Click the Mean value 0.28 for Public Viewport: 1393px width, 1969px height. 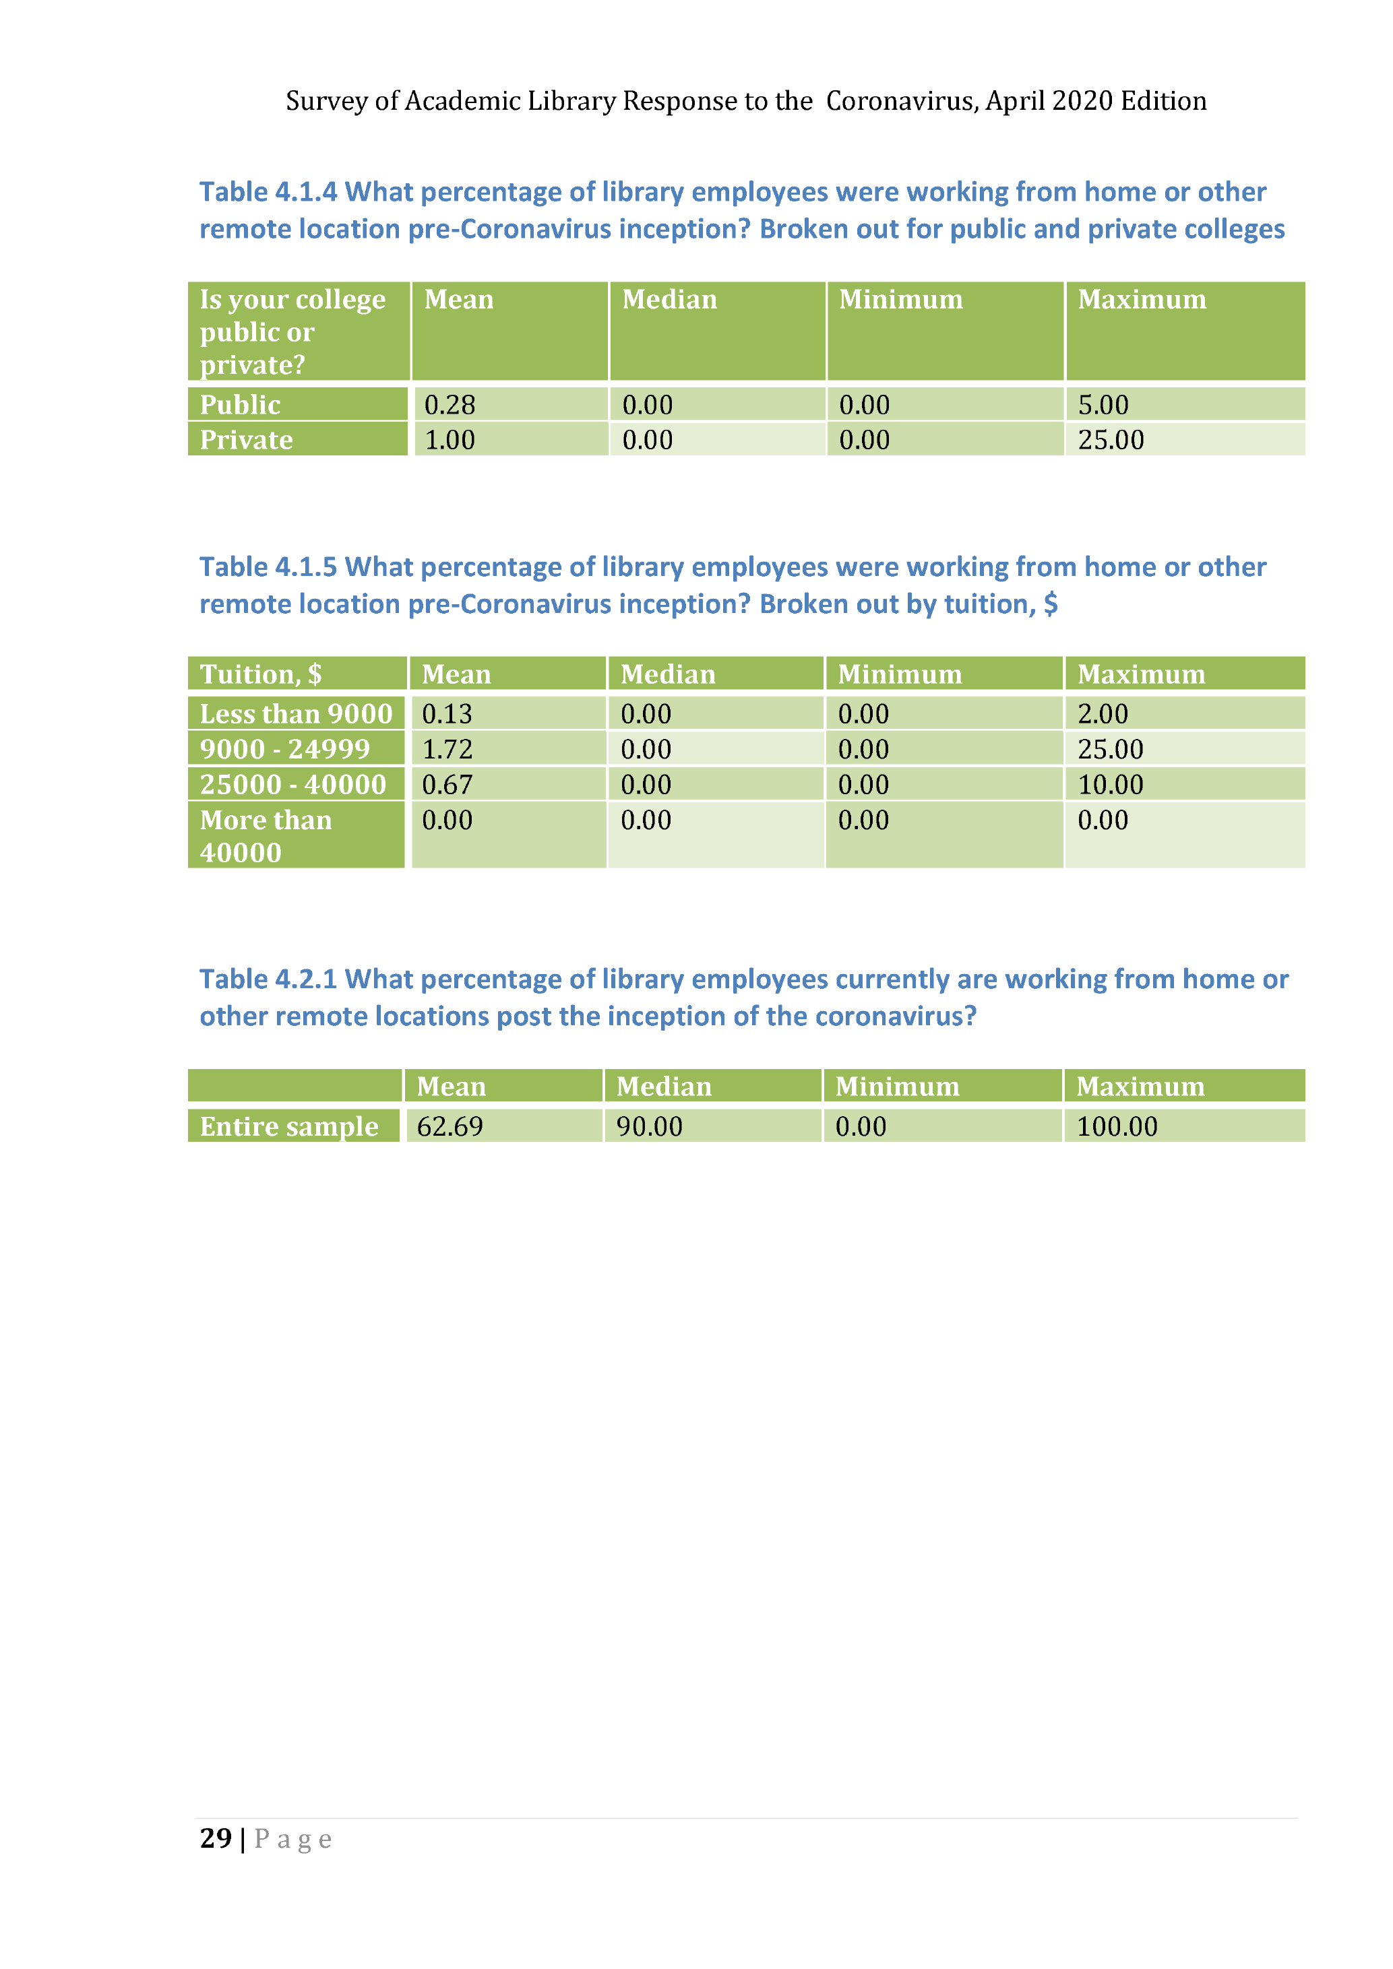[x=450, y=405]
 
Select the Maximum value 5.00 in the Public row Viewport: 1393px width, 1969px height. [x=1103, y=405]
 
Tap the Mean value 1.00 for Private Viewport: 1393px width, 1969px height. [x=450, y=440]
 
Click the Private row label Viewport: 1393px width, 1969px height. [x=246, y=440]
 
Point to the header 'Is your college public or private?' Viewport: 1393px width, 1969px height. [x=292, y=332]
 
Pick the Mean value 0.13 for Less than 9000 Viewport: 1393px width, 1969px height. [x=447, y=713]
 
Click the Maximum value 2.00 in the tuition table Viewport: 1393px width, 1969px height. [x=1103, y=713]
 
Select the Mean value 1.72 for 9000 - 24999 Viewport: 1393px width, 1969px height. [x=447, y=748]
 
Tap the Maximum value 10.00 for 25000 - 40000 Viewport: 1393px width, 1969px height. [x=1110, y=785]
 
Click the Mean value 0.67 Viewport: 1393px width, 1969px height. [x=447, y=785]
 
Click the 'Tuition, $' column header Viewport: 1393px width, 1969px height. [x=261, y=674]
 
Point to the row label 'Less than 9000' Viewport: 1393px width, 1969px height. [x=295, y=713]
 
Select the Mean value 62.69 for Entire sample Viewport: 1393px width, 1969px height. [x=450, y=1126]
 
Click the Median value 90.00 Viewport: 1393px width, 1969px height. [x=649, y=1126]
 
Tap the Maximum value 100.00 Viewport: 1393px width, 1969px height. [x=1117, y=1126]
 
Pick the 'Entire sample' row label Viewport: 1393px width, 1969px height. [x=289, y=1126]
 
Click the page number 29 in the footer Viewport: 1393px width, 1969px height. [x=215, y=1838]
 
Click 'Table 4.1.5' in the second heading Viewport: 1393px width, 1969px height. [x=268, y=567]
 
